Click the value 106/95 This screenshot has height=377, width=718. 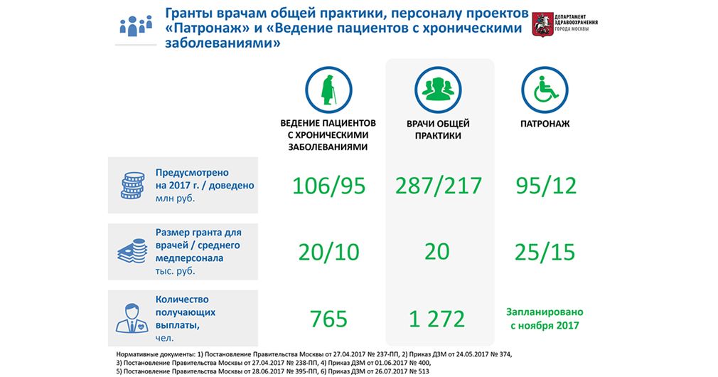(x=328, y=186)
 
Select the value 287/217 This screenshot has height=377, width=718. (x=438, y=186)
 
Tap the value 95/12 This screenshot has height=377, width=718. (x=546, y=186)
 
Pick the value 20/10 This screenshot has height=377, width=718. (x=328, y=253)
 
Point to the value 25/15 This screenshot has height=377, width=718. (x=545, y=253)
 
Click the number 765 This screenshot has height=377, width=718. (x=328, y=319)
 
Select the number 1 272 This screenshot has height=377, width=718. (x=437, y=319)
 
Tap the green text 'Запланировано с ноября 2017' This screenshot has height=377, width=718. (x=545, y=319)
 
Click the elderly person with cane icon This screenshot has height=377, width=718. (x=328, y=90)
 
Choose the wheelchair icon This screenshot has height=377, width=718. (x=545, y=90)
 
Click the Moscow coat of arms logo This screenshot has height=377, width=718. (x=542, y=24)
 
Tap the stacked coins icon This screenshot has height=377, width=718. (x=133, y=185)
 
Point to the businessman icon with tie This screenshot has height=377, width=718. (x=132, y=318)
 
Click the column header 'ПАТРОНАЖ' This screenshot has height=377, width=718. (x=545, y=124)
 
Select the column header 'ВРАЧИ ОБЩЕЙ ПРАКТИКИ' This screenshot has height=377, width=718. (x=438, y=129)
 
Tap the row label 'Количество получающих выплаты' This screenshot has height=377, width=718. (x=186, y=312)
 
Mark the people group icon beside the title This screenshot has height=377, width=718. (x=136, y=26)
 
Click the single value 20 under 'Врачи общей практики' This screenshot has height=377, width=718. (x=437, y=252)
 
